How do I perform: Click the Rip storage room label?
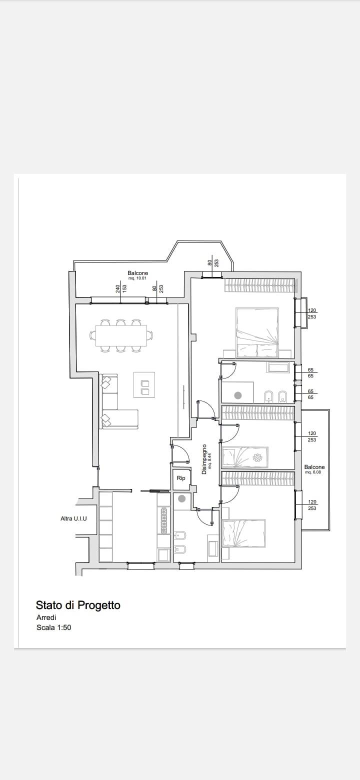[x=181, y=478]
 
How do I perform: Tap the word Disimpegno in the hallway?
[x=204, y=459]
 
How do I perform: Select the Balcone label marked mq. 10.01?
[x=138, y=273]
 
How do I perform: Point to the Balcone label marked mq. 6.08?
[x=314, y=467]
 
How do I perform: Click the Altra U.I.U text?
[x=74, y=518]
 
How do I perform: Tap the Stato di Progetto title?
[x=78, y=605]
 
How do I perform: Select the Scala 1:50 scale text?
[x=53, y=628]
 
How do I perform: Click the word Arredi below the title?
[x=46, y=617]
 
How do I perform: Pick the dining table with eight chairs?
[x=121, y=335]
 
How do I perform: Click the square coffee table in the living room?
[x=144, y=384]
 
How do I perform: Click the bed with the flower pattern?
[x=245, y=457]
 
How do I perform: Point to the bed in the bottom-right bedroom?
[x=243, y=534]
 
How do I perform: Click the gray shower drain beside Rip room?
[x=181, y=499]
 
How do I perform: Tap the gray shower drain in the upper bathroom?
[x=238, y=395]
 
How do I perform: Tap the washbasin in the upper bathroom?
[x=278, y=367]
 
